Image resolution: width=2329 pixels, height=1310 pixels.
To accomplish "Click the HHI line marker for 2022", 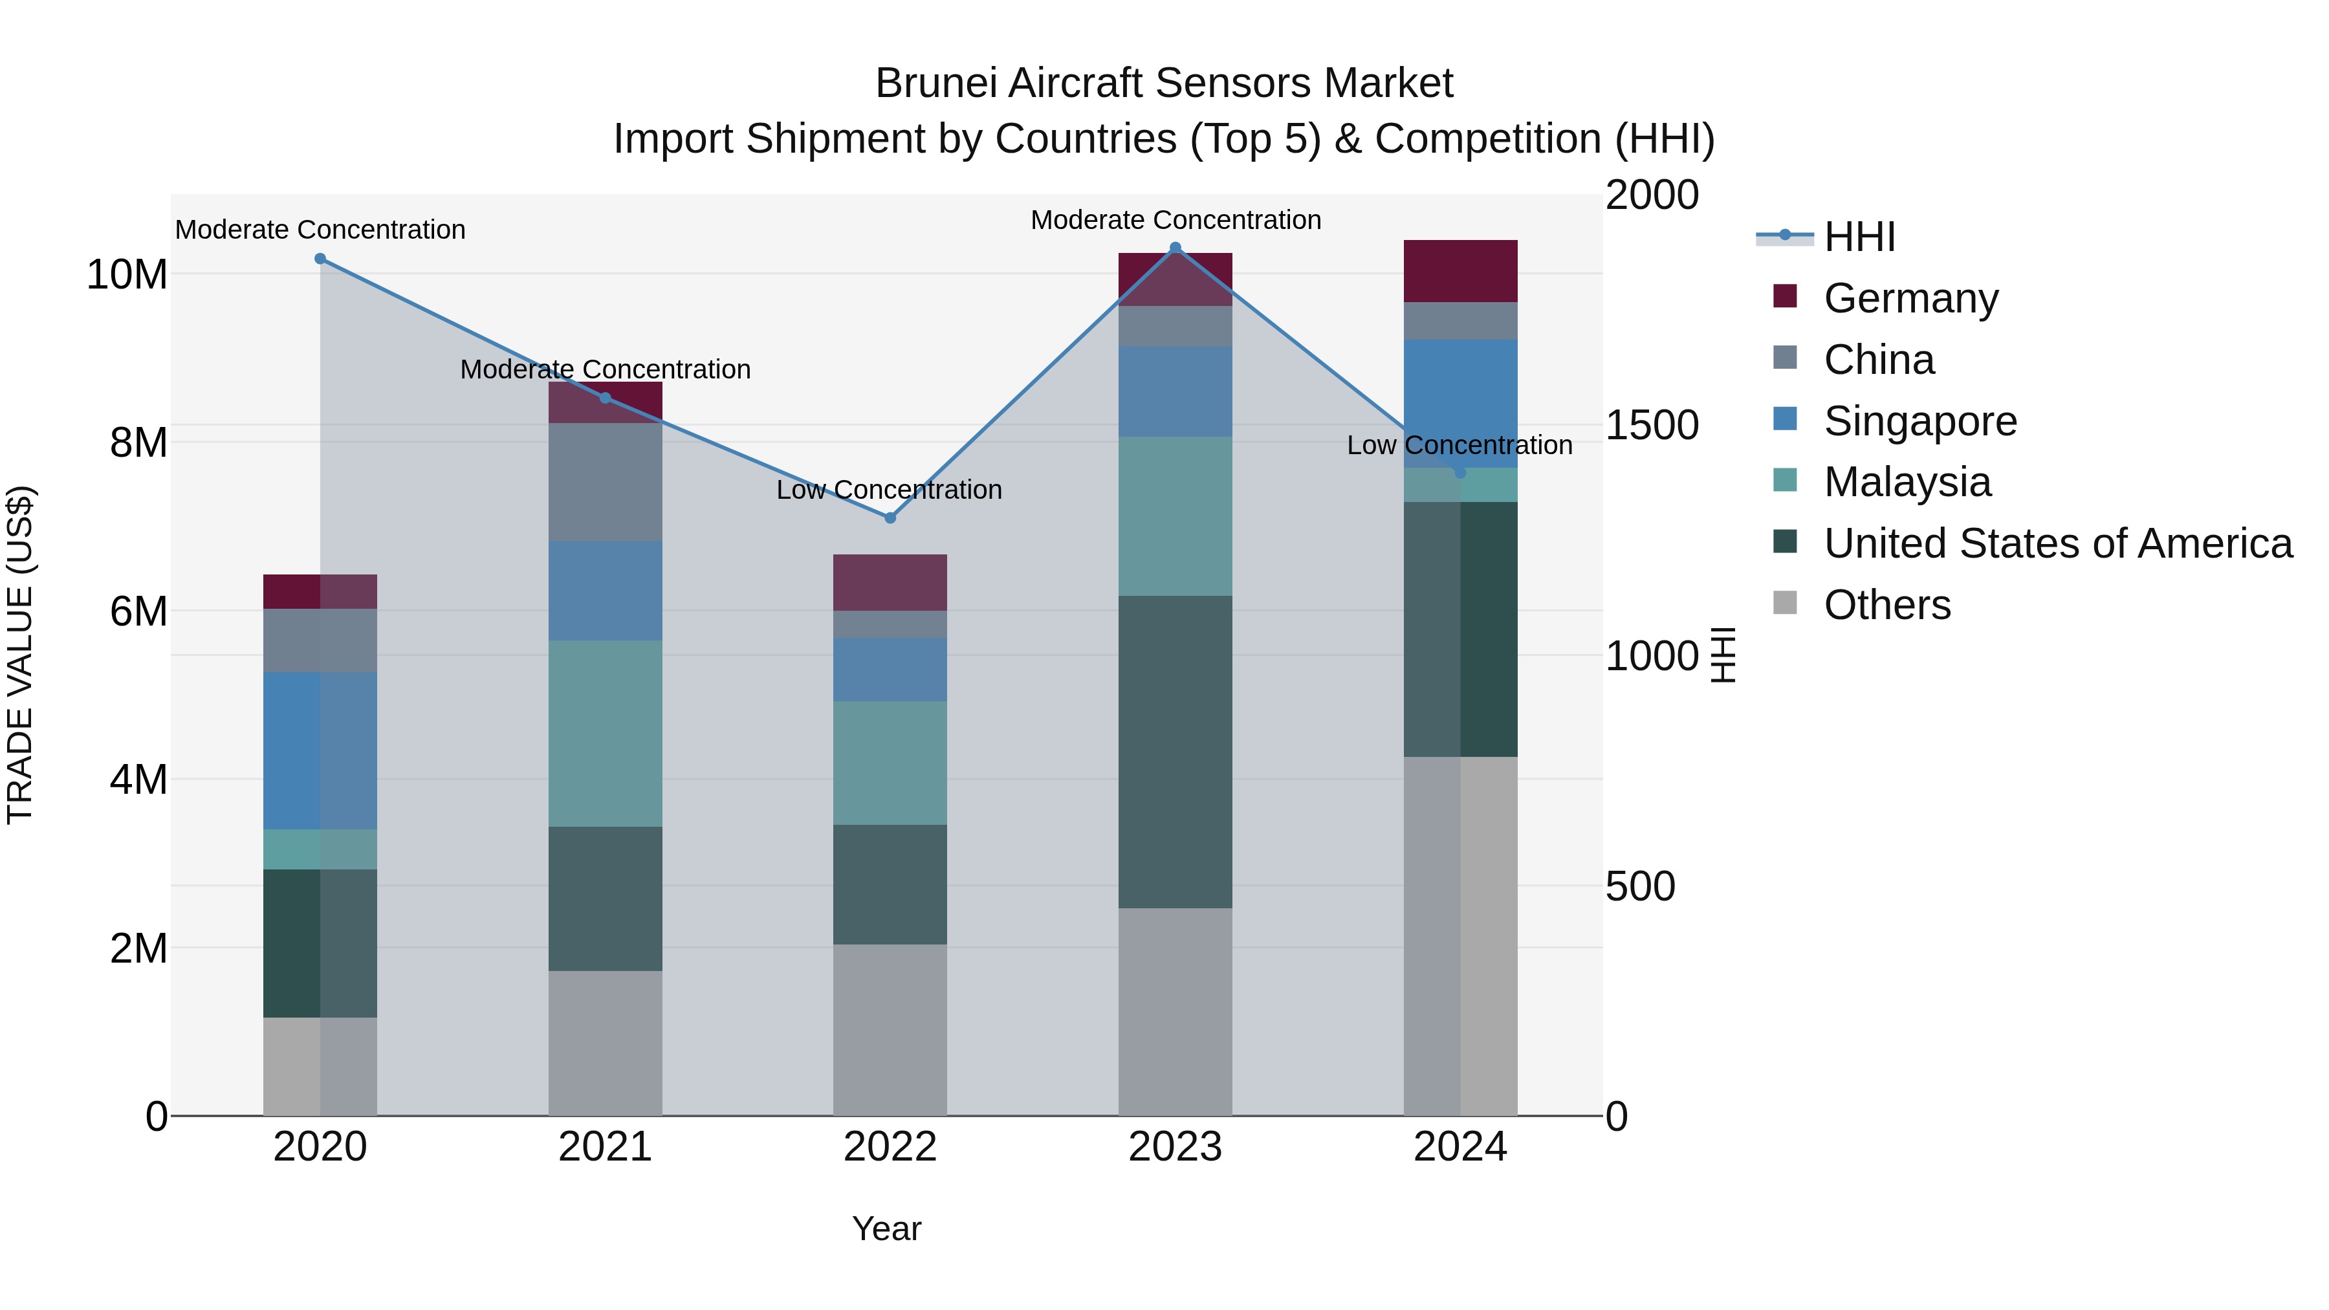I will click(890, 518).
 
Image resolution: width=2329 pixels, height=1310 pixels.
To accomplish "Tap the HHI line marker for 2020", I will click(320, 259).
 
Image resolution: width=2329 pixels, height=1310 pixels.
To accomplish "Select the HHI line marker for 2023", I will click(1175, 248).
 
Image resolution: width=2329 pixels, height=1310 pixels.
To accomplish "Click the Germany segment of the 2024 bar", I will click(1460, 271).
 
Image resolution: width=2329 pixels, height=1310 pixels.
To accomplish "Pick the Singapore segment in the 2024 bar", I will click(1460, 403).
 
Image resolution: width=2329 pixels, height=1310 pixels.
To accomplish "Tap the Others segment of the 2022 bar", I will click(890, 1030).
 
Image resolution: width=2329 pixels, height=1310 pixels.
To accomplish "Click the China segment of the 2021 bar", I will click(605, 482).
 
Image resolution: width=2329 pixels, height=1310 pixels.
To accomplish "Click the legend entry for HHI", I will click(1859, 237).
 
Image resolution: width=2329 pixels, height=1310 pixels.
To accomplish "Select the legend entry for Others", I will click(1887, 605).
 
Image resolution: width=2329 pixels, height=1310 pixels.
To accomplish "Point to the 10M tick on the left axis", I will click(127, 274).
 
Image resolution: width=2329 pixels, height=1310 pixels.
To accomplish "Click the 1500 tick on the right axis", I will click(1652, 425).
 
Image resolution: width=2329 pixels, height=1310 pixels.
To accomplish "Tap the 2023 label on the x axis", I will click(1175, 1147).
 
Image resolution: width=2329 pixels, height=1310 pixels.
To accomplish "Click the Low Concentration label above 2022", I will click(890, 490).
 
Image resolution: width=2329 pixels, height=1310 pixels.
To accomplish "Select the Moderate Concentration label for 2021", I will click(605, 370).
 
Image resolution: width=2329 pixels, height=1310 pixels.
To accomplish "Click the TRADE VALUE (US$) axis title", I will click(20, 655).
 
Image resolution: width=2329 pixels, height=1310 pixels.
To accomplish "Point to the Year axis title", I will click(886, 1228).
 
